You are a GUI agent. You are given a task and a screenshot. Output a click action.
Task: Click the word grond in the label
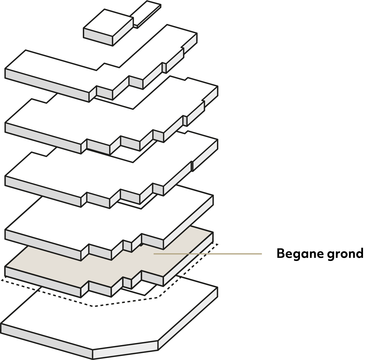pos(345,254)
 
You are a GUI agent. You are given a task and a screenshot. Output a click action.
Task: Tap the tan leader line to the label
pos(208,254)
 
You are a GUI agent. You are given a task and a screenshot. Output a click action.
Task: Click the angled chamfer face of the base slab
pos(125,350)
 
